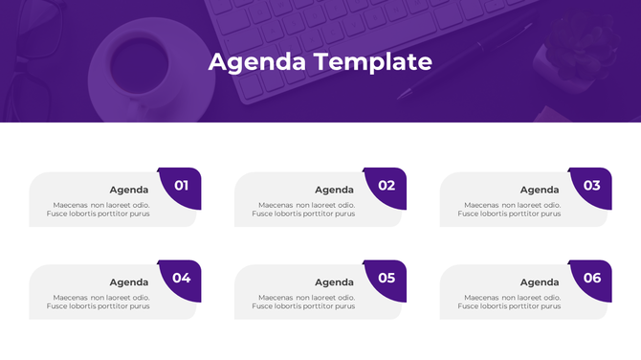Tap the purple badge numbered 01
coord(181,187)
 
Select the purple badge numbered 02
coord(387,187)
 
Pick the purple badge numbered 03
coord(591,187)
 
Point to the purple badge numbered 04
coord(181,280)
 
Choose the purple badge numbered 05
coord(387,280)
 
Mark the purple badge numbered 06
coord(591,280)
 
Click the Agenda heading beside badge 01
coord(129,190)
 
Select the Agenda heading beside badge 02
coord(335,190)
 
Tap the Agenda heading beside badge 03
coord(540,190)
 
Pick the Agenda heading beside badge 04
coord(129,282)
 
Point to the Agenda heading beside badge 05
coord(335,282)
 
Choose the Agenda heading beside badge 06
coord(540,282)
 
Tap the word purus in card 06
coord(549,306)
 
